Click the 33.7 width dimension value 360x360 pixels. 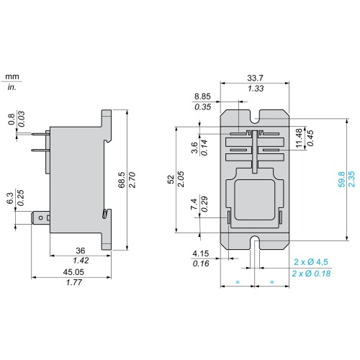point(255,78)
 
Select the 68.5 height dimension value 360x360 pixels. point(122,179)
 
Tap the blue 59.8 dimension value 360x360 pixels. point(341,179)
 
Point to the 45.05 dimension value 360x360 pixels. point(73,272)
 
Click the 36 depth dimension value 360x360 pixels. point(81,251)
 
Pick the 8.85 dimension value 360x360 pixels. point(202,96)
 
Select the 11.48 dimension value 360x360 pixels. point(299,138)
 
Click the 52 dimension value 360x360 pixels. point(171,179)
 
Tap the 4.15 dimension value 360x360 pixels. point(201,253)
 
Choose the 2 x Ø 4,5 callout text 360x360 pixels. point(311,262)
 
